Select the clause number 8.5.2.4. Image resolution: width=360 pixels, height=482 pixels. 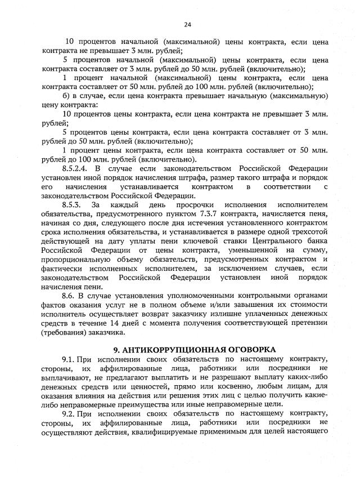click(74, 168)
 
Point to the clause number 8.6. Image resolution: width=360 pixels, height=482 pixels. click(69, 294)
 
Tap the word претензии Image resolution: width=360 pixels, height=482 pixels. click(308, 323)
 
